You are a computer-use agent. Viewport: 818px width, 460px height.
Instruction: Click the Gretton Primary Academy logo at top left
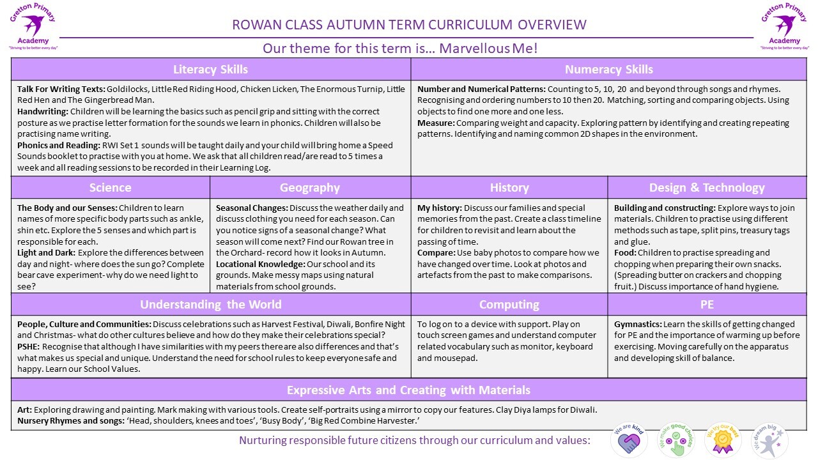tap(33, 26)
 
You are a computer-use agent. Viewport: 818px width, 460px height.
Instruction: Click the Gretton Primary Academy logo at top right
tap(785, 26)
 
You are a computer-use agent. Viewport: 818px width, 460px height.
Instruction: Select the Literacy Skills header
tap(210, 69)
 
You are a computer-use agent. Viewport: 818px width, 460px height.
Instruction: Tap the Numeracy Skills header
tap(608, 69)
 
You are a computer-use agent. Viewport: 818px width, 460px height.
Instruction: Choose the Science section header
tap(110, 187)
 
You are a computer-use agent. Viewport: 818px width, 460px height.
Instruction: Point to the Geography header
tap(310, 187)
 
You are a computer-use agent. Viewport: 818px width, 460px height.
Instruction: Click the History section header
tap(509, 187)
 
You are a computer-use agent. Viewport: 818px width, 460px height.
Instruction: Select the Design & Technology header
tap(707, 187)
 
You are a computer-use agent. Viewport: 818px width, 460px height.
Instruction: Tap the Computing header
tap(509, 304)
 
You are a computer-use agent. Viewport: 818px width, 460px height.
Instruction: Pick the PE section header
tap(707, 304)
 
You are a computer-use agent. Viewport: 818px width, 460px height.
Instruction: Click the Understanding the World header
tap(210, 304)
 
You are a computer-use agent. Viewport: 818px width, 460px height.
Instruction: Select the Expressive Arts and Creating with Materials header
tap(408, 390)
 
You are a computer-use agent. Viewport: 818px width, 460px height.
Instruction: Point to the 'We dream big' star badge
tap(769, 441)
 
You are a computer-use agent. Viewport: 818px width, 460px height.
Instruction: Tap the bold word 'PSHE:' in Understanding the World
tap(28, 347)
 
